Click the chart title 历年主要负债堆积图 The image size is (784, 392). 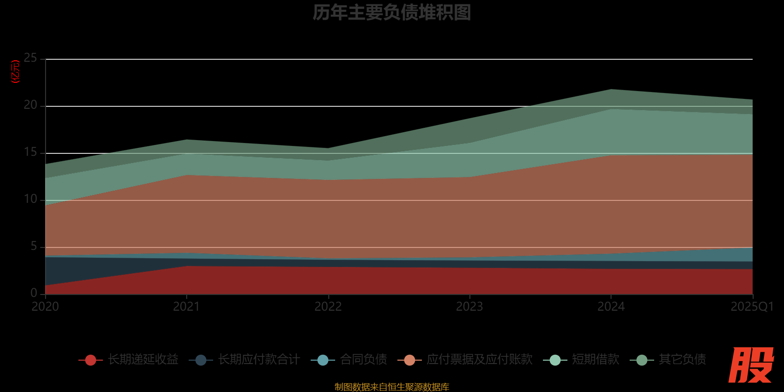pos(392,13)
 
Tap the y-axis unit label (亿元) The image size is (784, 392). pos(16,72)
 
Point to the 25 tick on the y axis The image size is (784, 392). pos(30,58)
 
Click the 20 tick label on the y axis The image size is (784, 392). pos(30,105)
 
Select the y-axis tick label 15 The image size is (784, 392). pos(30,152)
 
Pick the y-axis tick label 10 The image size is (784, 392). pos(30,199)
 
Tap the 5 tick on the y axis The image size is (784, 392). pos(34,246)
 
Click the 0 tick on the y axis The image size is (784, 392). pos(34,293)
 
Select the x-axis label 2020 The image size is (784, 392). pos(45,307)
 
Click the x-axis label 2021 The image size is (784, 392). pos(186,307)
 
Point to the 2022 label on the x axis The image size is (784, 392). pos(328,307)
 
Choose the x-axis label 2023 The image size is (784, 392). pos(469,307)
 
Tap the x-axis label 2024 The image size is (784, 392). pos(611,307)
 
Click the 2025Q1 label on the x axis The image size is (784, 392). pos(752,307)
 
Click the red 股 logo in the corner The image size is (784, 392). pos(751,365)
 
